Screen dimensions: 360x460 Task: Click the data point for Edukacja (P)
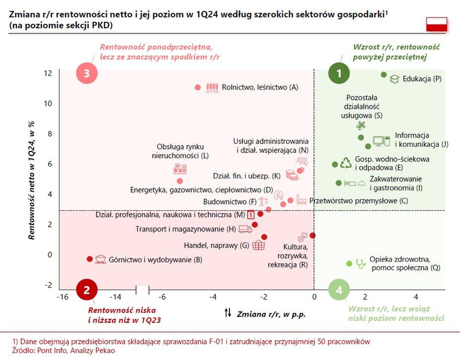pyautogui.click(x=384, y=75)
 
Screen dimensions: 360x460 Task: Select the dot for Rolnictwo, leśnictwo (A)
pyautogui.click(x=198, y=88)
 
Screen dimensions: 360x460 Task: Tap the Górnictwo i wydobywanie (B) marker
pyautogui.click(x=90, y=259)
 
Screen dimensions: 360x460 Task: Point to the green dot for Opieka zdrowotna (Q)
pyautogui.click(x=349, y=263)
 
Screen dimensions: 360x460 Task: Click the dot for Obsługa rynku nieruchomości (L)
pyautogui.click(x=180, y=181)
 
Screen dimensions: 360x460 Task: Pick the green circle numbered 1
pyautogui.click(x=339, y=74)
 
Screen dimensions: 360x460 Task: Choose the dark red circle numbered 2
pyautogui.click(x=87, y=291)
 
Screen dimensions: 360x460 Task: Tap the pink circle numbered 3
pyautogui.click(x=87, y=74)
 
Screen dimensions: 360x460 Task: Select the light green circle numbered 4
pyautogui.click(x=339, y=291)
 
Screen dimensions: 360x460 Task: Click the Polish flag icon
pyautogui.click(x=436, y=24)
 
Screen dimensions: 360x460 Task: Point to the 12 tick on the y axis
pyautogui.click(x=48, y=73)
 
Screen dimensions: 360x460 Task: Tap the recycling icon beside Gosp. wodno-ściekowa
pyautogui.click(x=345, y=163)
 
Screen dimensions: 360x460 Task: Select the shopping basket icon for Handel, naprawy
pyautogui.click(x=258, y=245)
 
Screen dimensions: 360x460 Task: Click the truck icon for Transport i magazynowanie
pyautogui.click(x=245, y=229)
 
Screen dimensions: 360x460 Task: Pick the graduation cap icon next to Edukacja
pyautogui.click(x=395, y=79)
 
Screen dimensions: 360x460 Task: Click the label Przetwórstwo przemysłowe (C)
pyautogui.click(x=358, y=201)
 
